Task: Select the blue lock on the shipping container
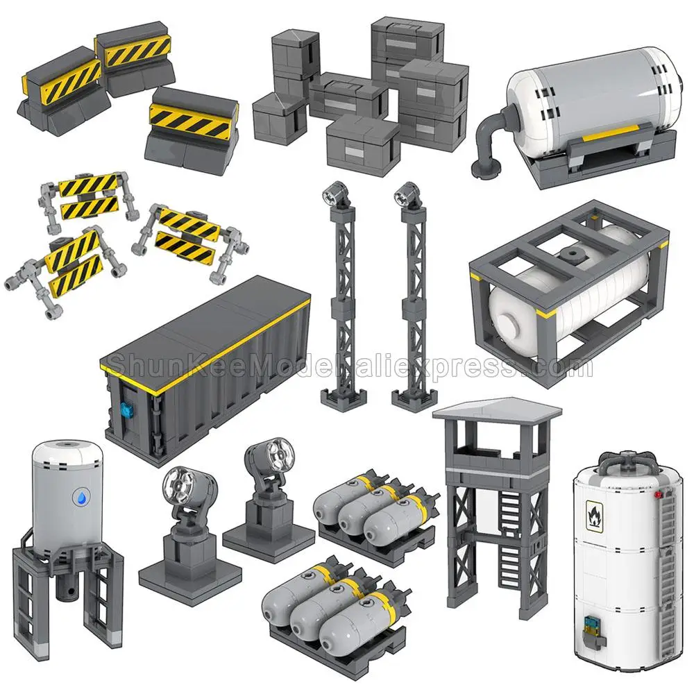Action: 125,409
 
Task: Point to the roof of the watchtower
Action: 497,410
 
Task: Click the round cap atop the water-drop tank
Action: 68,443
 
